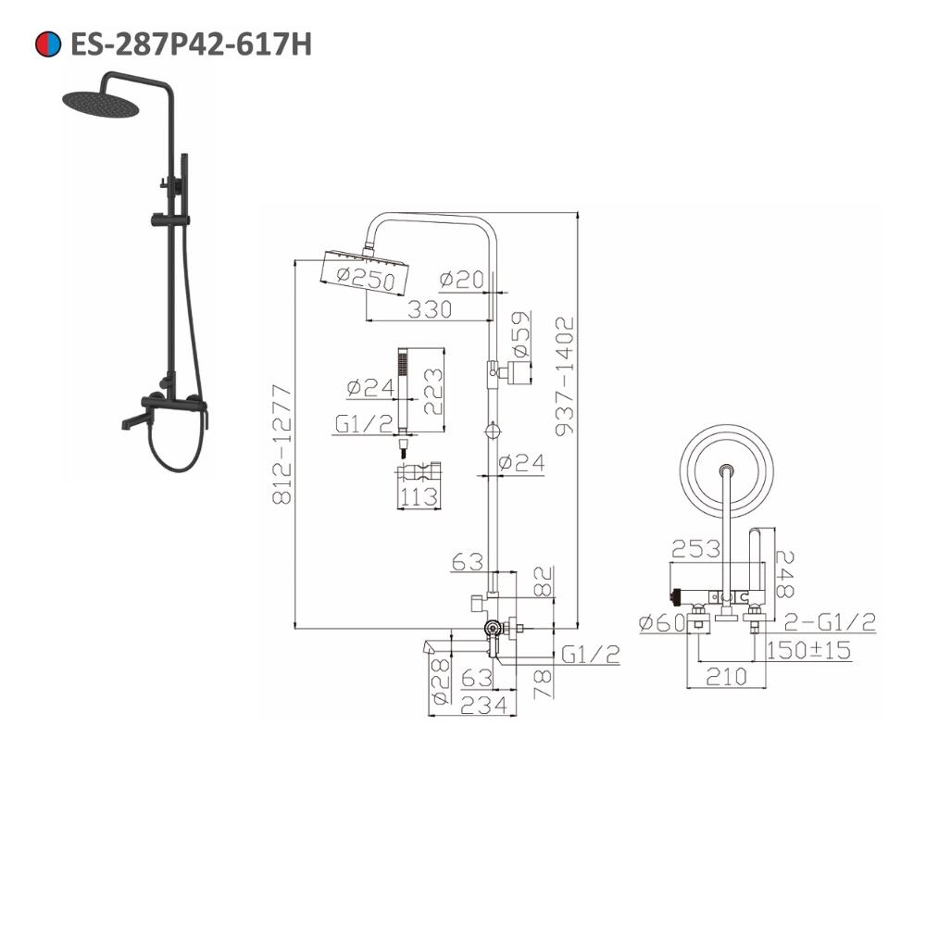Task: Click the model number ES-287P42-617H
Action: [x=191, y=44]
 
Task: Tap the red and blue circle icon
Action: [x=48, y=44]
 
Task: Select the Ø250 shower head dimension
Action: [x=366, y=279]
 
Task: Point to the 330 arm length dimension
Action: [x=430, y=309]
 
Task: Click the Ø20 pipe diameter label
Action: [x=461, y=280]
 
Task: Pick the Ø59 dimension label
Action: [x=520, y=335]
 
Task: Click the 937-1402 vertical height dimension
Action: [x=565, y=376]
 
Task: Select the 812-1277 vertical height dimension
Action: [x=282, y=444]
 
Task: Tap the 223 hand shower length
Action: [x=432, y=392]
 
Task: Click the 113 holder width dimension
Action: [x=419, y=496]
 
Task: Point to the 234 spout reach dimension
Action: [x=483, y=705]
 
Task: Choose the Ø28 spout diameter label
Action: [x=440, y=682]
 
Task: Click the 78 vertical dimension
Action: [x=543, y=685]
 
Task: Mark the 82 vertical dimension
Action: [x=543, y=582]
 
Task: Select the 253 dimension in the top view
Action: [x=695, y=549]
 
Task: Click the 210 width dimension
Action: [x=726, y=677]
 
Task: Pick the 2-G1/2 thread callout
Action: [x=829, y=622]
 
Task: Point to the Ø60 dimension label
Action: [x=663, y=622]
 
